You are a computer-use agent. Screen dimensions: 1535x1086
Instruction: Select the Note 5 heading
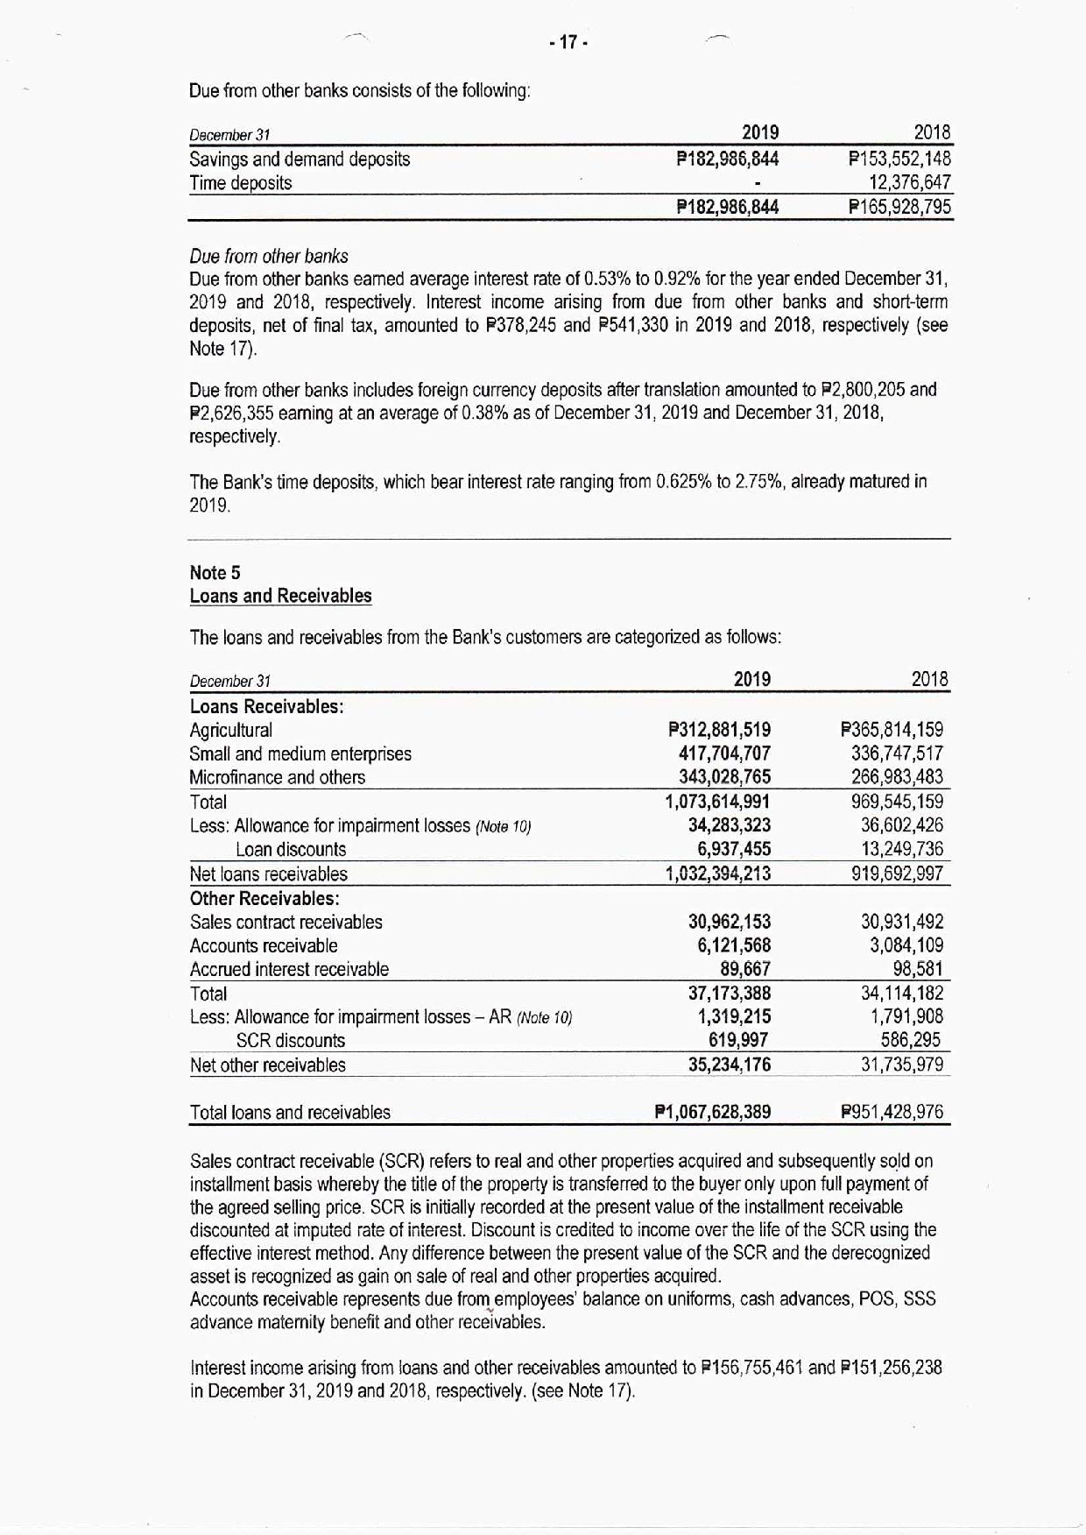click(215, 573)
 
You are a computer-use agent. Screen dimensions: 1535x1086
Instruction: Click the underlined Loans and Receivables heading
click(280, 597)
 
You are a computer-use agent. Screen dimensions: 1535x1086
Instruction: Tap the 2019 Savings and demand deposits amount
click(727, 159)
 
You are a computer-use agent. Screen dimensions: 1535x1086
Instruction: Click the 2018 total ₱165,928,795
click(899, 208)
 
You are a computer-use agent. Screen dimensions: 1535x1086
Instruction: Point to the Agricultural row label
click(230, 731)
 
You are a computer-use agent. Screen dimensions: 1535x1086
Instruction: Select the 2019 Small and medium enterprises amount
click(724, 753)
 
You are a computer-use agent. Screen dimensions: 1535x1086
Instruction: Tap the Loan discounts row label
click(291, 850)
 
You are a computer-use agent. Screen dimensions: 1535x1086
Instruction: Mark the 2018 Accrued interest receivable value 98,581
click(917, 969)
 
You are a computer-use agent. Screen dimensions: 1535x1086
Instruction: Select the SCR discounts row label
click(291, 1041)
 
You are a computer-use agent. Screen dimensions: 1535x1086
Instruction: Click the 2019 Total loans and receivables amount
click(713, 1113)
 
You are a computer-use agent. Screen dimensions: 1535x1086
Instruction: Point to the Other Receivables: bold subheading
click(264, 899)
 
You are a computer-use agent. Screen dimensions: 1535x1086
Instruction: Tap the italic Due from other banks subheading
click(269, 257)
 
